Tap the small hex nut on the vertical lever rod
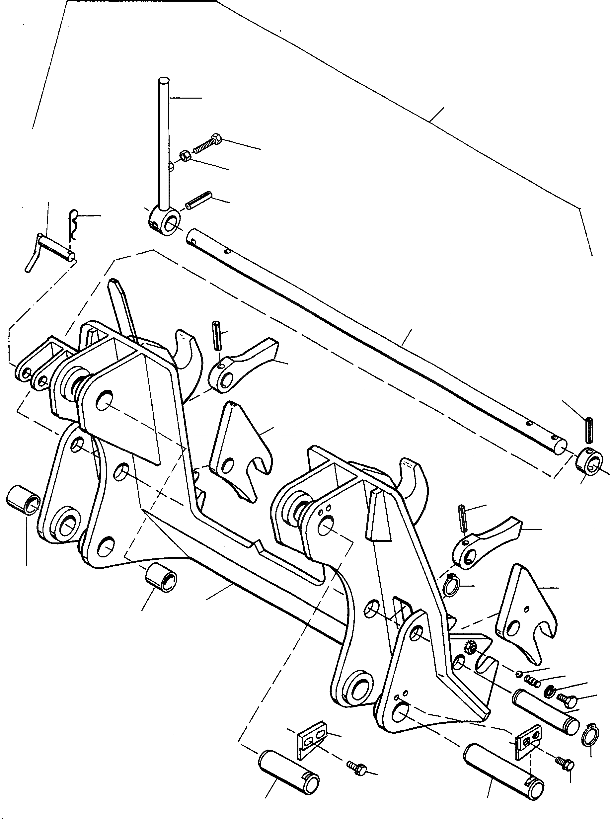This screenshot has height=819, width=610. (186, 156)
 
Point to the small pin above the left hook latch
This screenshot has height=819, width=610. (217, 335)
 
